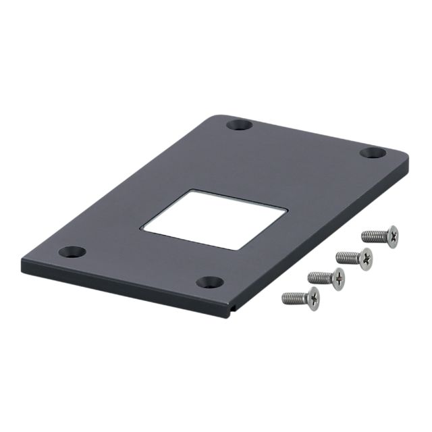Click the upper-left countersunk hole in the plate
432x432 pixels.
[x=239, y=125]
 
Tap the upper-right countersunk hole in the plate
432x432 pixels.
[x=372, y=153]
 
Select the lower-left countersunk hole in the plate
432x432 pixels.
[x=72, y=252]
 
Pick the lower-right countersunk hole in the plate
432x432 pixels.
[x=210, y=281]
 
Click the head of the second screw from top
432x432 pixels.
[x=365, y=257]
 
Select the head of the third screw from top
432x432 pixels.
[x=337, y=277]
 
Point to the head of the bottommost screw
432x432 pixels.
[x=312, y=296]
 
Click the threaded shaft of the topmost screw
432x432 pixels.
[x=373, y=236]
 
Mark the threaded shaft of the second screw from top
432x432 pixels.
[x=347, y=256]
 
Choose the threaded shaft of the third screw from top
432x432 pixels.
[x=319, y=276]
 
